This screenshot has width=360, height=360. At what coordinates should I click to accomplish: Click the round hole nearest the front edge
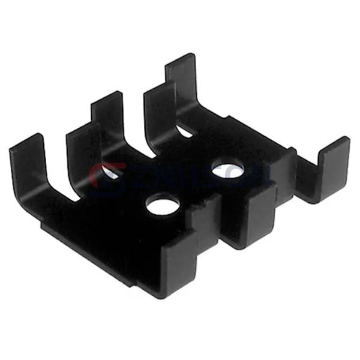coord(163,206)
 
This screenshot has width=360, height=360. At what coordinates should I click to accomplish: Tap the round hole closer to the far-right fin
coord(228,171)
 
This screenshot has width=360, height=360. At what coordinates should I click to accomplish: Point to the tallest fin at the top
coord(181,75)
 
